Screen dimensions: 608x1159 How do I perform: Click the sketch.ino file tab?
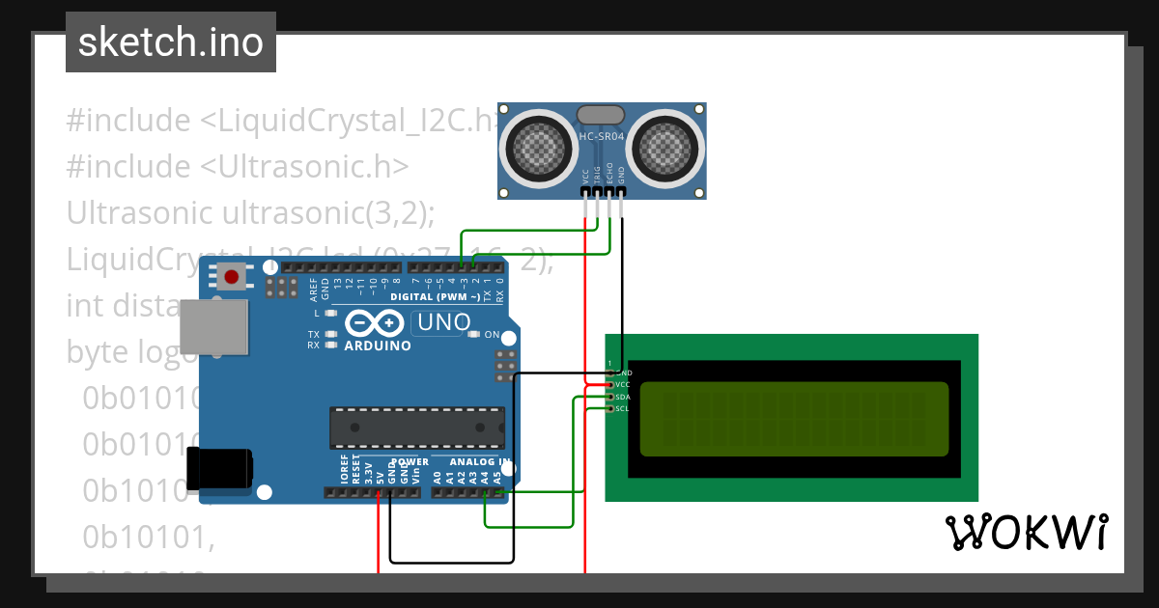click(171, 42)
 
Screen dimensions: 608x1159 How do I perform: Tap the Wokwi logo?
click(1025, 532)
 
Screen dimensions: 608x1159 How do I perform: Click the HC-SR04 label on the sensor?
click(602, 137)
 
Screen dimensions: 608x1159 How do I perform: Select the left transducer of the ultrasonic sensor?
click(539, 146)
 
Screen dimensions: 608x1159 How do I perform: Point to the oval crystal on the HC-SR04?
click(601, 115)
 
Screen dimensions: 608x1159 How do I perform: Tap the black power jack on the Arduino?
click(220, 468)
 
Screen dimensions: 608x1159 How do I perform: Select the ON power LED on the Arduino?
click(473, 335)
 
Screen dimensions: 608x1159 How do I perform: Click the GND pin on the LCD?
click(610, 373)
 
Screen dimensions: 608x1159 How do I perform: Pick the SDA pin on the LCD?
click(610, 397)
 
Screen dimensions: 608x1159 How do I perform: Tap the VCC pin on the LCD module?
click(610, 384)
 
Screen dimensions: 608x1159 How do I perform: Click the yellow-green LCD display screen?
click(794, 419)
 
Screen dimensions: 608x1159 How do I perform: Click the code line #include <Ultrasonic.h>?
click(238, 166)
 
